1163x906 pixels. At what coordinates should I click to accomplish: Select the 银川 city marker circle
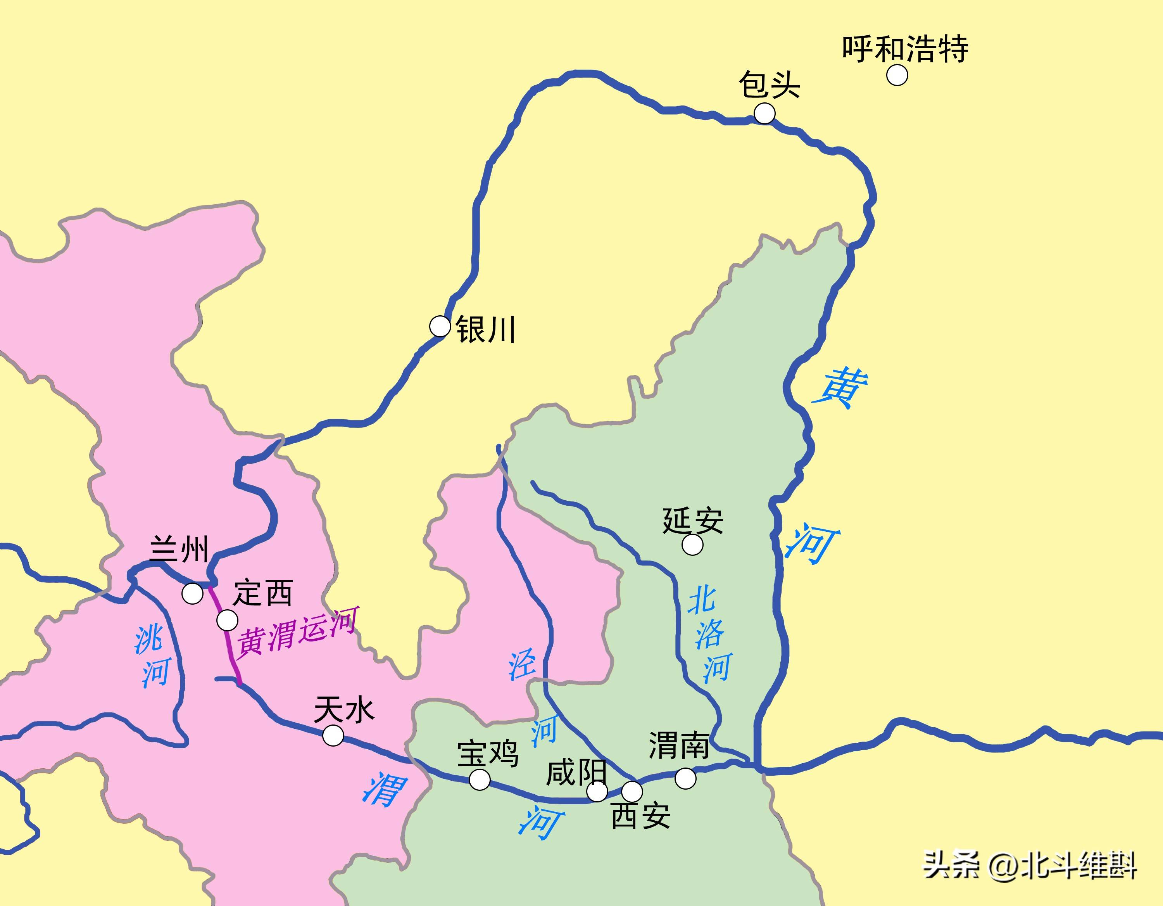coord(440,325)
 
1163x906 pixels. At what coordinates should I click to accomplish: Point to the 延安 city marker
coord(692,545)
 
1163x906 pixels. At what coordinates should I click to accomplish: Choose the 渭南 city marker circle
coord(685,778)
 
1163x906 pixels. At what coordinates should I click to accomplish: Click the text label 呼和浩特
coord(905,49)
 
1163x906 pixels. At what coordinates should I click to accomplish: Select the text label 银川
coord(485,330)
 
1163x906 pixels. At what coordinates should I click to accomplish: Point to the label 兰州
coord(179,549)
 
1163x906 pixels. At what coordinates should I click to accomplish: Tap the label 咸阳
coord(576,772)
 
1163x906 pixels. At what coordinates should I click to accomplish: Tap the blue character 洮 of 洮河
coord(148,640)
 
